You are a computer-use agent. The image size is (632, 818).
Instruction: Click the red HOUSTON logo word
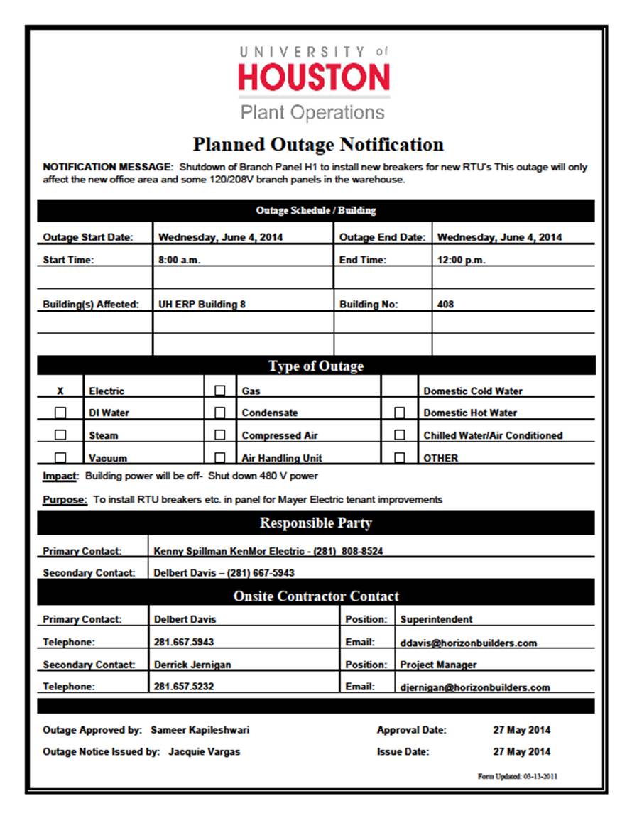click(314, 77)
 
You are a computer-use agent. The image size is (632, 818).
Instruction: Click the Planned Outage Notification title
click(318, 145)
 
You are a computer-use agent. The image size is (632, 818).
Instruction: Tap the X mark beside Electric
click(60, 391)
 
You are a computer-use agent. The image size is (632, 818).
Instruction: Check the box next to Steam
click(60, 435)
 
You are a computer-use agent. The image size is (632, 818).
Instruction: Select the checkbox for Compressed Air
click(220, 435)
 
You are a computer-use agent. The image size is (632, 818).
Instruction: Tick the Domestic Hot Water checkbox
click(400, 413)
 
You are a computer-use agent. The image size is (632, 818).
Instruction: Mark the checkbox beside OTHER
click(400, 457)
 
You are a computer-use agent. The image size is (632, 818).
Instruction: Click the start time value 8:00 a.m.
click(180, 260)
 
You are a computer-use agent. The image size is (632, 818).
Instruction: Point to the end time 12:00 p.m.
click(461, 260)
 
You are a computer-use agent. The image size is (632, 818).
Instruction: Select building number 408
click(446, 304)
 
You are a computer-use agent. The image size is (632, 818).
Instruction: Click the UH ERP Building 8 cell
click(202, 304)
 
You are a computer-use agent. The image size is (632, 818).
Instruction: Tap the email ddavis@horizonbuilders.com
click(468, 643)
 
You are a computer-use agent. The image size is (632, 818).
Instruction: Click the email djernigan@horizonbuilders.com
click(474, 687)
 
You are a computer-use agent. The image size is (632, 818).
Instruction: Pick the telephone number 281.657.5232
click(184, 687)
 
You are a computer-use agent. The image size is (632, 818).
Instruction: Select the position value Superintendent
click(436, 619)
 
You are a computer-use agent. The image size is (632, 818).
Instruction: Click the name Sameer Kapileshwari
click(200, 729)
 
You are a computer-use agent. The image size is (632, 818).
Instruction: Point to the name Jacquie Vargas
click(204, 751)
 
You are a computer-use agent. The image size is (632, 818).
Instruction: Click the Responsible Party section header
click(315, 523)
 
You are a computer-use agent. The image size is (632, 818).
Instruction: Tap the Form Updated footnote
click(517, 776)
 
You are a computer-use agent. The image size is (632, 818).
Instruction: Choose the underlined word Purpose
click(65, 499)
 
